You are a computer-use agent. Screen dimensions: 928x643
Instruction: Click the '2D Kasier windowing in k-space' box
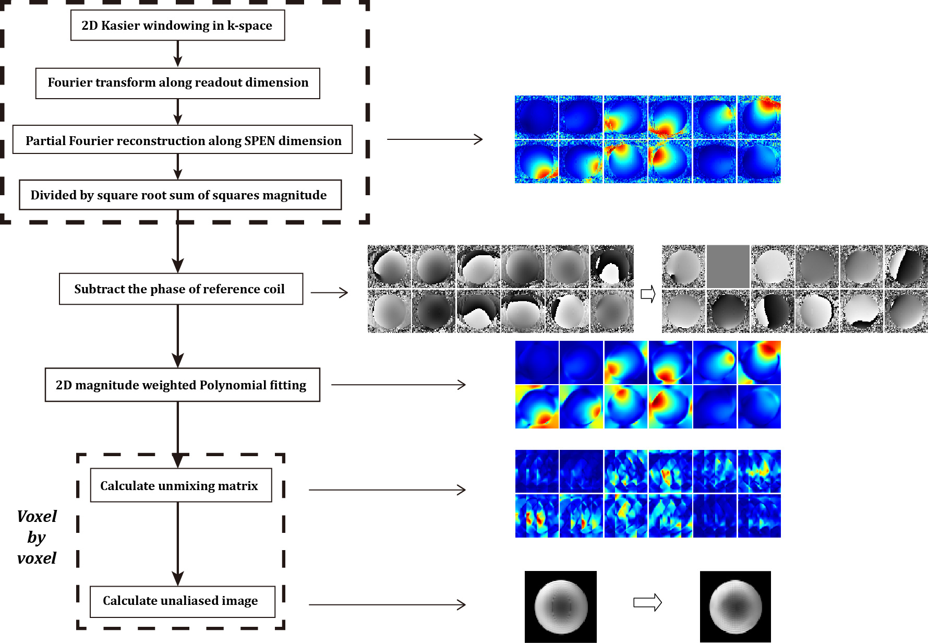pyautogui.click(x=177, y=25)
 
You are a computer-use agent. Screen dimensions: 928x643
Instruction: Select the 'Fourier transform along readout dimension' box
pyautogui.click(x=177, y=83)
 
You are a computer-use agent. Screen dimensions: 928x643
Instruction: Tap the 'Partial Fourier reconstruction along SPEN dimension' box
pyautogui.click(x=183, y=140)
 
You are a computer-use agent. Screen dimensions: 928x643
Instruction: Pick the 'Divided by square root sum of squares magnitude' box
pyautogui.click(x=180, y=195)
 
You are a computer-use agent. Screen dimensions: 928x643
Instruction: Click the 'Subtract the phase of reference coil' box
pyautogui.click(x=180, y=289)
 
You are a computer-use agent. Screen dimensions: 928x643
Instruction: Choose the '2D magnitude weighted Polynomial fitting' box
pyautogui.click(x=182, y=385)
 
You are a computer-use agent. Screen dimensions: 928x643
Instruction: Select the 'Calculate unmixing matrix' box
pyautogui.click(x=180, y=485)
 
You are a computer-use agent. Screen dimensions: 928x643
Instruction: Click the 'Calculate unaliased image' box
pyautogui.click(x=182, y=601)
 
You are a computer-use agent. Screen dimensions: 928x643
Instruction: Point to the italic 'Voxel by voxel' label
pyautogui.click(x=37, y=537)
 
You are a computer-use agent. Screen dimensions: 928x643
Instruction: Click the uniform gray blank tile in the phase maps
pyautogui.click(x=728, y=266)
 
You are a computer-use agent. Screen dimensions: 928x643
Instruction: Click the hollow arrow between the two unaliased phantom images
pyautogui.click(x=647, y=603)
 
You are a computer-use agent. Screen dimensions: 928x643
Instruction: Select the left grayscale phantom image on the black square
pyautogui.click(x=561, y=606)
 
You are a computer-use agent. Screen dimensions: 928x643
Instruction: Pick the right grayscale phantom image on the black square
pyautogui.click(x=736, y=606)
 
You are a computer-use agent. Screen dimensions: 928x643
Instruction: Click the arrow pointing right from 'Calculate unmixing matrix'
pyautogui.click(x=387, y=490)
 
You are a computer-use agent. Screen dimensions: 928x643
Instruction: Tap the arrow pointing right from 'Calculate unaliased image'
pyautogui.click(x=387, y=605)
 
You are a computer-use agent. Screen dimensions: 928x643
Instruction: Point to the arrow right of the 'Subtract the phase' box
pyautogui.click(x=329, y=292)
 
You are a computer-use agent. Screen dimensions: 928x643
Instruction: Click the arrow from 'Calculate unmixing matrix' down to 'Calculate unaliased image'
pyautogui.click(x=178, y=543)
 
